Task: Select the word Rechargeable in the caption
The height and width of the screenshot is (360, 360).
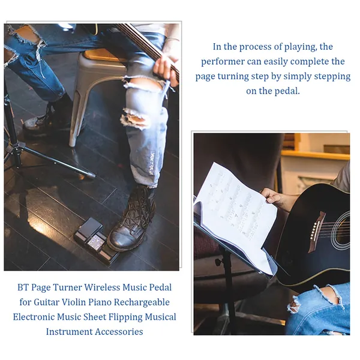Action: pos(142,302)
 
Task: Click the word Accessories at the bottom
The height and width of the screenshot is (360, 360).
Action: pos(119,332)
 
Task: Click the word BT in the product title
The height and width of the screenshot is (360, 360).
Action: pos(23,287)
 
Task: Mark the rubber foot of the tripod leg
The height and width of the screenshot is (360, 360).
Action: pos(91,176)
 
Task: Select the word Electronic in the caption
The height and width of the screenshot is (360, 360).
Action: pos(34,317)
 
